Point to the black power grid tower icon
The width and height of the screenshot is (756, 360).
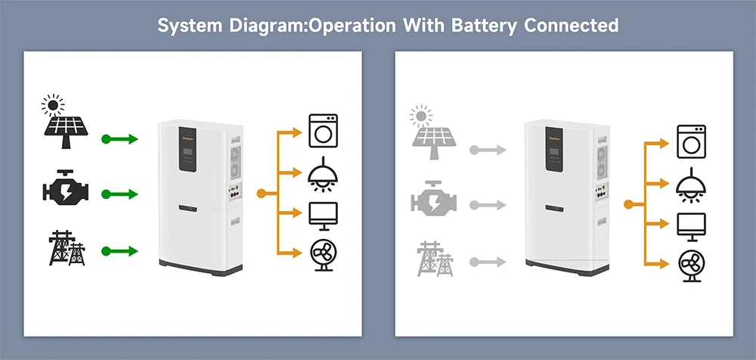click(x=67, y=250)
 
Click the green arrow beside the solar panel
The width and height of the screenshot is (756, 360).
click(x=120, y=139)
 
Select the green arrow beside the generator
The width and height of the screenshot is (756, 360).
click(x=120, y=194)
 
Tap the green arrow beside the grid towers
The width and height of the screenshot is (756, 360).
click(x=120, y=250)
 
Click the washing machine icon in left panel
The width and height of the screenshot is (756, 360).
click(x=324, y=130)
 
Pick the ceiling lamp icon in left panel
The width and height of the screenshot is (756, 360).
click(x=324, y=173)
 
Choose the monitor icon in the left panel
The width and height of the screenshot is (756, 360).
click(x=324, y=216)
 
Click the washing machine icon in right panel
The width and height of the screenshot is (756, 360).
click(x=690, y=141)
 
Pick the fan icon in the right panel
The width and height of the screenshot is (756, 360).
click(x=690, y=265)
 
